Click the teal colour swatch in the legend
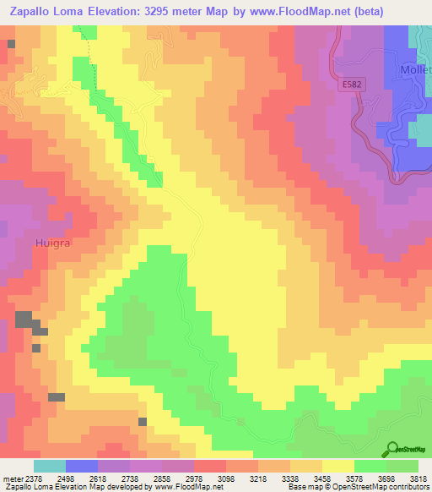50,466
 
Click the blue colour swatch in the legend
82,466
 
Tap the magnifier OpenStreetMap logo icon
393,448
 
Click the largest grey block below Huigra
24,320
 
